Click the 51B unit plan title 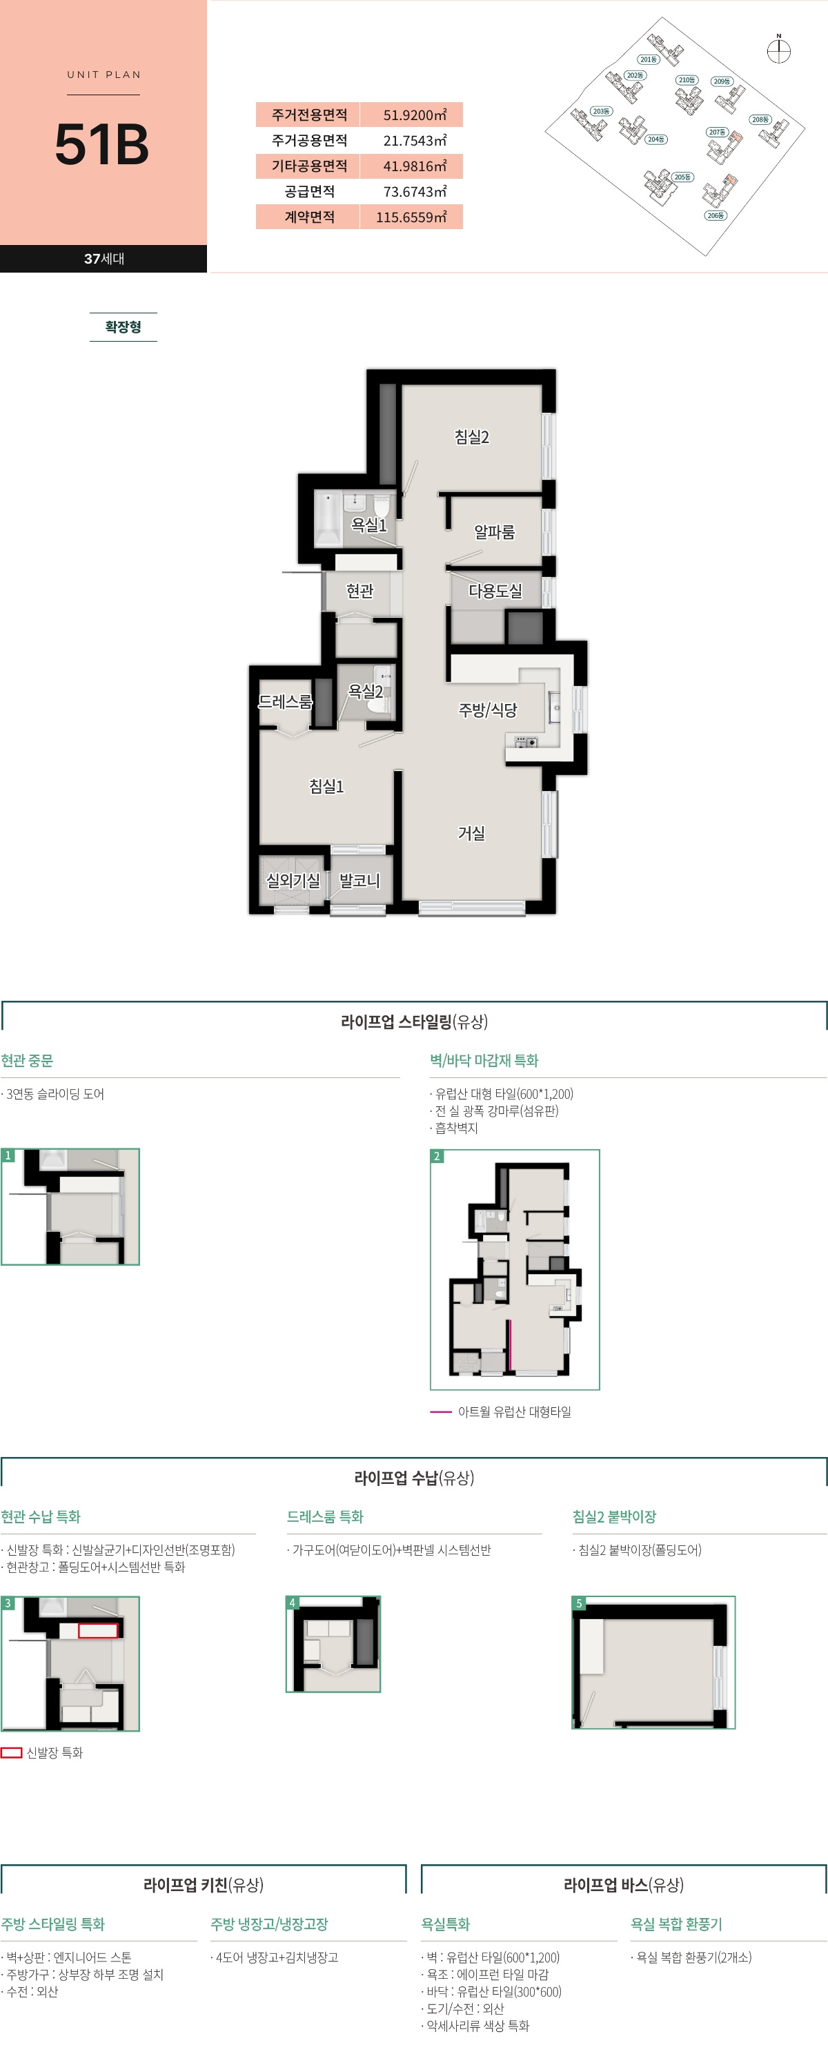coord(102,144)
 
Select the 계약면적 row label coord(309,217)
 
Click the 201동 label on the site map coord(648,59)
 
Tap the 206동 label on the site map coord(715,215)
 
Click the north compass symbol coord(778,51)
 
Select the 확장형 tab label coord(124,327)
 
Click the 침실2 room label coord(472,437)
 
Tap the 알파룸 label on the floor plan coord(494,532)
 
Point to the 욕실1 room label coord(369,525)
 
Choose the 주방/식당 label coord(488,710)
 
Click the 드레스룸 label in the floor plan coord(285,702)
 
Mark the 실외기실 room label coord(293,880)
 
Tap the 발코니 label coord(359,880)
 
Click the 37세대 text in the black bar coord(103,258)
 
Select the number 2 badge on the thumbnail coord(437,1156)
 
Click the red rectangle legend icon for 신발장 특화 coord(11,1752)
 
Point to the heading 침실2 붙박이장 coord(614,1516)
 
